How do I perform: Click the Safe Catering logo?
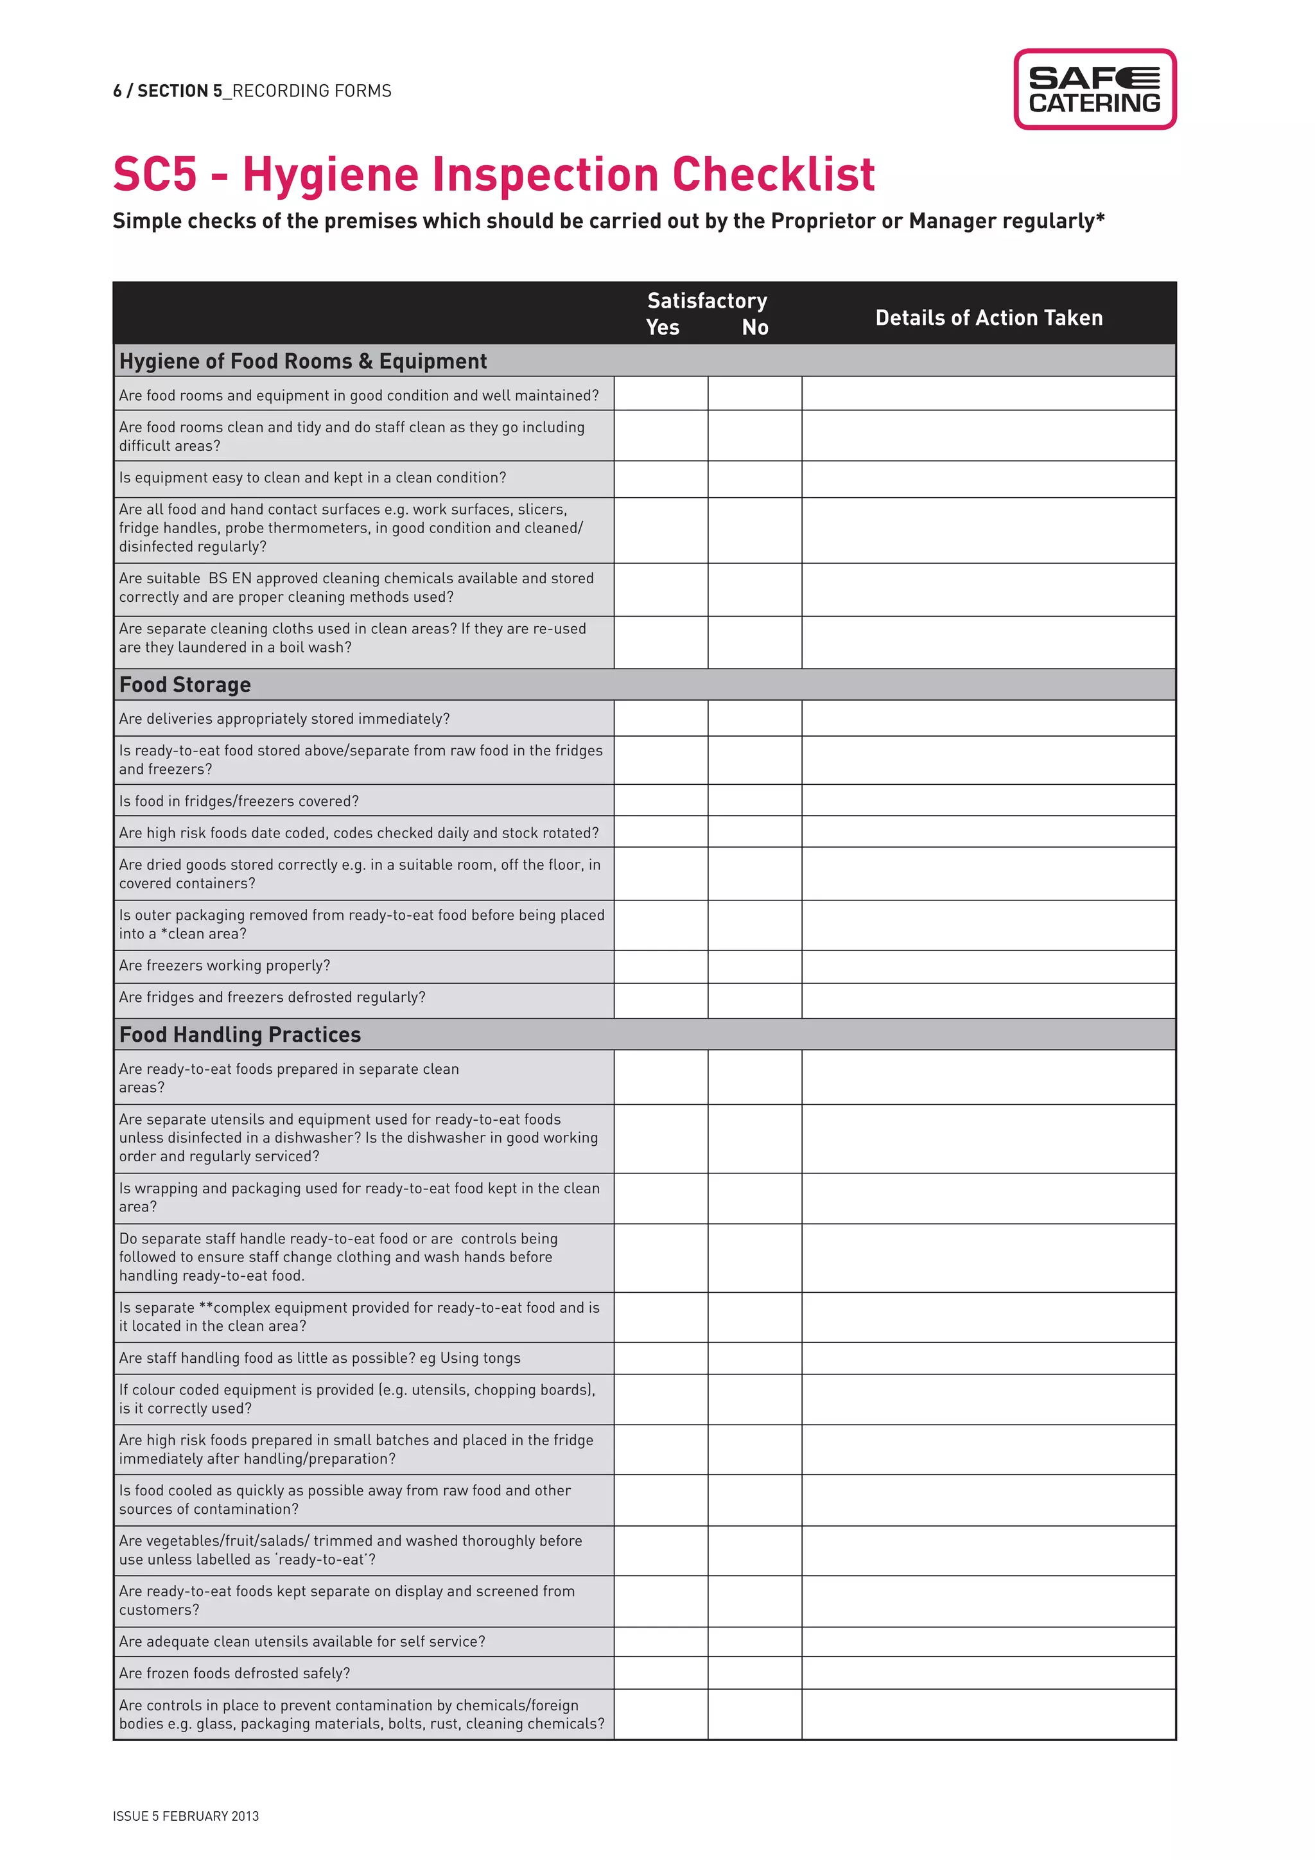(x=1095, y=89)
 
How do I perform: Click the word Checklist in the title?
(x=773, y=174)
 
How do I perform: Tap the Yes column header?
(x=663, y=328)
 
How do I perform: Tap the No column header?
(x=754, y=328)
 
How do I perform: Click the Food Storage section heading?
(x=186, y=685)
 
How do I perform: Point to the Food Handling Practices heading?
(x=239, y=1035)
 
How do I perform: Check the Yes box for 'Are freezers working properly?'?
(x=661, y=965)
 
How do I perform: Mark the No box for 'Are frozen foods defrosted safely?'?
(x=754, y=1673)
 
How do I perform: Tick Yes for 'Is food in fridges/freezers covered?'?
(x=661, y=800)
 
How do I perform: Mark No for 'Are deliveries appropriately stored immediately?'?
(x=754, y=719)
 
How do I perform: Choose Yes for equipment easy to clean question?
(x=661, y=478)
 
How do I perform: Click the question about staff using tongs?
(x=320, y=1358)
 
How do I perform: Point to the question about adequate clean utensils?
(x=302, y=1641)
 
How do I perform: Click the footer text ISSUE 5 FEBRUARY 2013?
(x=186, y=1816)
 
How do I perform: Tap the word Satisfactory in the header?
(x=707, y=301)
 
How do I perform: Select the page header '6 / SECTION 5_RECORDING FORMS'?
(x=252, y=91)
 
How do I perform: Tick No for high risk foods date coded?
(x=754, y=832)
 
